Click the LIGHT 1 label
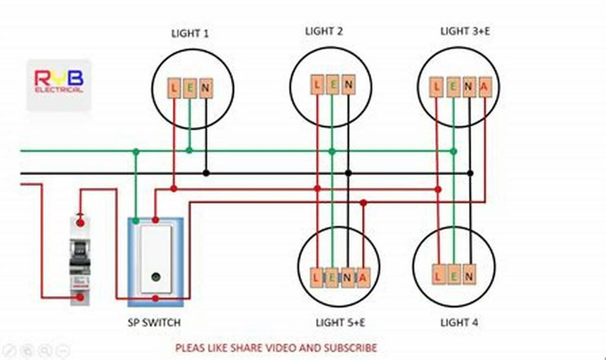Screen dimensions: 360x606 click(x=189, y=34)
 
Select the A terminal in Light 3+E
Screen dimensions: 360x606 click(x=485, y=88)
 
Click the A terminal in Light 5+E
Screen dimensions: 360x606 click(x=363, y=277)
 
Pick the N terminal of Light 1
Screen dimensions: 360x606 click(x=205, y=89)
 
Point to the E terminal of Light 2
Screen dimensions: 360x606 click(x=333, y=85)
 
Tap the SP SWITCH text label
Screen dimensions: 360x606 click(x=154, y=323)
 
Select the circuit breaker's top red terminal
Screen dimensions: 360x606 click(x=80, y=223)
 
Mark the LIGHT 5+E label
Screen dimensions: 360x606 click(x=340, y=323)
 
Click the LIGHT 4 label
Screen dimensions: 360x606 click(x=459, y=323)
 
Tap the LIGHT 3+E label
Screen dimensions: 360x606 click(x=465, y=31)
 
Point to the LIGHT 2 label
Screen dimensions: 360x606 click(x=324, y=31)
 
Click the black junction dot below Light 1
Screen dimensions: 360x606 click(x=206, y=173)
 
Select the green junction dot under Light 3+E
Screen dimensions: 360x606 click(x=453, y=152)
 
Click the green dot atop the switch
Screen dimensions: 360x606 click(x=136, y=220)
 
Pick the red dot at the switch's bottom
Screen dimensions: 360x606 click(x=156, y=298)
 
